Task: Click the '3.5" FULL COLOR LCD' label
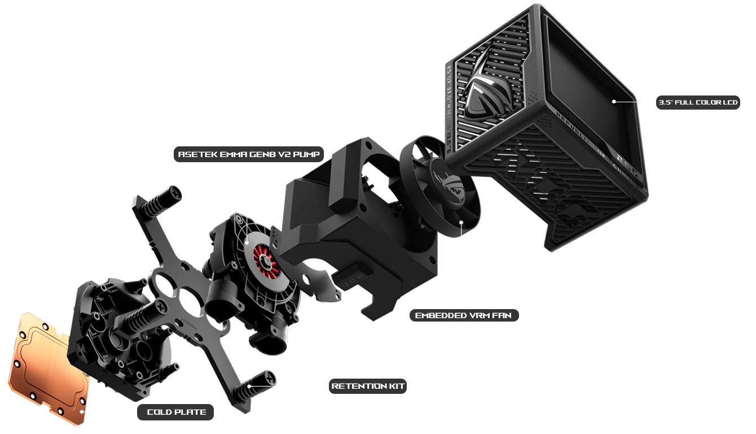tap(698, 102)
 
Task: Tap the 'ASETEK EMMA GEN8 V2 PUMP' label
tap(249, 154)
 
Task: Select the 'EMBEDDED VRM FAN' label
tap(464, 315)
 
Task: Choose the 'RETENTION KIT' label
tap(368, 386)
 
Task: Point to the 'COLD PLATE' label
tap(175, 412)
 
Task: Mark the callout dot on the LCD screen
tap(614, 101)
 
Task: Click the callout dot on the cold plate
tap(81, 412)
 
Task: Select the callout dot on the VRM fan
tap(461, 222)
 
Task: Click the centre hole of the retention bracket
tap(189, 297)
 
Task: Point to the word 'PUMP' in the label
tap(306, 154)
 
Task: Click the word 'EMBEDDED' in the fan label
tap(436, 315)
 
